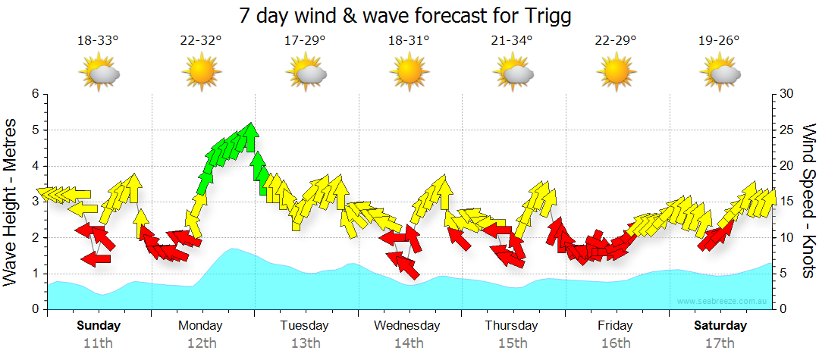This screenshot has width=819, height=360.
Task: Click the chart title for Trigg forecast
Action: pos(404,15)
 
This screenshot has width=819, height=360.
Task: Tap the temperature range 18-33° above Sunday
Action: pos(98,41)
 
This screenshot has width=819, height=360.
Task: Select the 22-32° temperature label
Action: pos(201,41)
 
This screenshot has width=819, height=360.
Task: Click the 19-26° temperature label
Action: pos(719,41)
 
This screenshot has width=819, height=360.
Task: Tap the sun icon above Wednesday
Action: pos(409,73)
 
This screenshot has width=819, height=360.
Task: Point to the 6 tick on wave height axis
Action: pos(34,94)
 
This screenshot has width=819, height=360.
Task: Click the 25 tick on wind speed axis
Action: pos(786,130)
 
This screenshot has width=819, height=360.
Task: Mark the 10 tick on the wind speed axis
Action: pos(786,238)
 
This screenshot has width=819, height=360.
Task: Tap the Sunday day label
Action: pos(98,326)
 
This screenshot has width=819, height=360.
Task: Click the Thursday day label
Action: pos(512,326)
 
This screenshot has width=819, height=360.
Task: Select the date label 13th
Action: pos(305,343)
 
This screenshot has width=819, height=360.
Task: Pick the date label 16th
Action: pos(615,343)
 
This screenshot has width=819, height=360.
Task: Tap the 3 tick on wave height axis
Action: pos(34,202)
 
